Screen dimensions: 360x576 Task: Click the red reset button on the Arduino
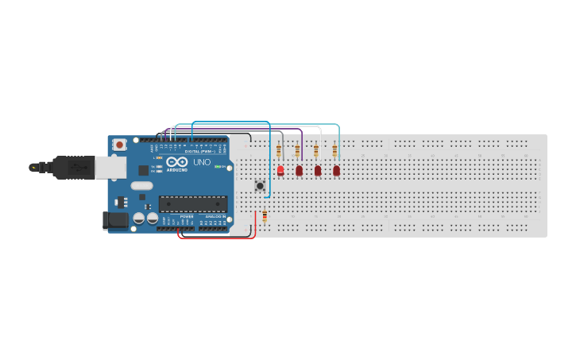(x=119, y=145)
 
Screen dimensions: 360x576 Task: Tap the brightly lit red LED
(x=280, y=170)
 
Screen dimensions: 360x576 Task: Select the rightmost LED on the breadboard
(x=336, y=170)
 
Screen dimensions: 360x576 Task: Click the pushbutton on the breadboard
(x=260, y=186)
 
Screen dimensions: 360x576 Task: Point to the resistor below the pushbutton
(x=265, y=215)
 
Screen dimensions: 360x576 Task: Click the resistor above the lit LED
(x=279, y=151)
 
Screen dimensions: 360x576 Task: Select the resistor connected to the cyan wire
(x=334, y=151)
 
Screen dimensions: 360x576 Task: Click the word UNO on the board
(x=202, y=162)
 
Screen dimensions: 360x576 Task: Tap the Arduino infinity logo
(x=177, y=162)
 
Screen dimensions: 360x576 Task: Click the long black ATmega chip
(x=192, y=203)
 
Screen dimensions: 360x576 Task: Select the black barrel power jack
(x=115, y=221)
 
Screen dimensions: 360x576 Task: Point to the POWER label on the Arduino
(x=186, y=216)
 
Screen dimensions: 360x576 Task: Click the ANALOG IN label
(x=215, y=216)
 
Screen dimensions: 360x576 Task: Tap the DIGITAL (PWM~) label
(x=203, y=151)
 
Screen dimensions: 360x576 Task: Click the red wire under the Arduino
(x=215, y=238)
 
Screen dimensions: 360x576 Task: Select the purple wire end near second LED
(x=302, y=157)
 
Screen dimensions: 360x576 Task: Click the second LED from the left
(x=300, y=170)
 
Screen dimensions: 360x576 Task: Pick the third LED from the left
(x=318, y=170)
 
